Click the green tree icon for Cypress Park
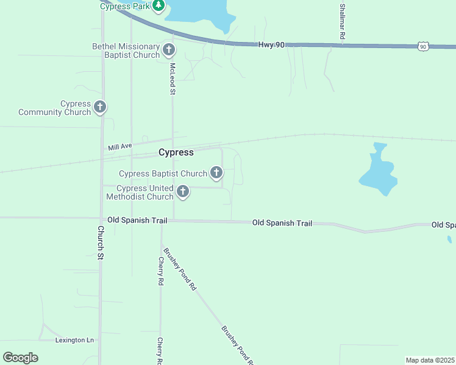pyautogui.click(x=159, y=5)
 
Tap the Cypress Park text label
pyautogui.click(x=125, y=5)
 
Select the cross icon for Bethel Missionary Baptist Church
pyautogui.click(x=169, y=50)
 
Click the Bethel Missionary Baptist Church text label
pyautogui.click(x=126, y=50)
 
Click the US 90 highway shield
pyautogui.click(x=424, y=46)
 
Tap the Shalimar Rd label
pyautogui.click(x=343, y=22)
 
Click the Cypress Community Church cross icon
pyautogui.click(x=100, y=108)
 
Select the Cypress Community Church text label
pyautogui.click(x=54, y=108)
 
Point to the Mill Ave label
pyautogui.click(x=120, y=147)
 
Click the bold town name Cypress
pyautogui.click(x=176, y=152)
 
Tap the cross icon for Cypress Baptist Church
pyautogui.click(x=216, y=173)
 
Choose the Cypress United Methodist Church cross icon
pyautogui.click(x=182, y=193)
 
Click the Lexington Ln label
pyautogui.click(x=75, y=340)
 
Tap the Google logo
pyautogui.click(x=20, y=358)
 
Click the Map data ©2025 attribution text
pyautogui.click(x=430, y=360)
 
